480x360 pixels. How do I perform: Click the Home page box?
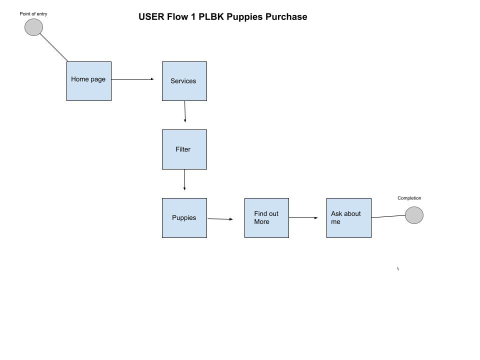(x=89, y=81)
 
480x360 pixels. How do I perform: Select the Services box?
(x=184, y=81)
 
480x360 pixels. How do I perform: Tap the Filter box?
(x=184, y=149)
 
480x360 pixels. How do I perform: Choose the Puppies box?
(x=184, y=218)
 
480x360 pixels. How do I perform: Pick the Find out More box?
(x=266, y=218)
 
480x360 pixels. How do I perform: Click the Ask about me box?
(x=348, y=218)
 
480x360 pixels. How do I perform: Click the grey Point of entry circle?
(x=33, y=27)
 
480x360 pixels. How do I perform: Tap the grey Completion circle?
(x=414, y=215)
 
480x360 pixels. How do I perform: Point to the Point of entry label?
(x=33, y=14)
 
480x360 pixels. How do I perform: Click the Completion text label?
(x=409, y=198)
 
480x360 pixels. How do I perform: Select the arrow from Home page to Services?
(x=132, y=79)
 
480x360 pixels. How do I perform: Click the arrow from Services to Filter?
(x=185, y=112)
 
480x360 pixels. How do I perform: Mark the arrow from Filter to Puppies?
(x=184, y=180)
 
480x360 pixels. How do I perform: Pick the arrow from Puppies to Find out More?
(x=220, y=219)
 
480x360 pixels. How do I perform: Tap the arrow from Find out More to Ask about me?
(x=303, y=217)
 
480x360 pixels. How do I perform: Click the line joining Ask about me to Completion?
(x=388, y=216)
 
